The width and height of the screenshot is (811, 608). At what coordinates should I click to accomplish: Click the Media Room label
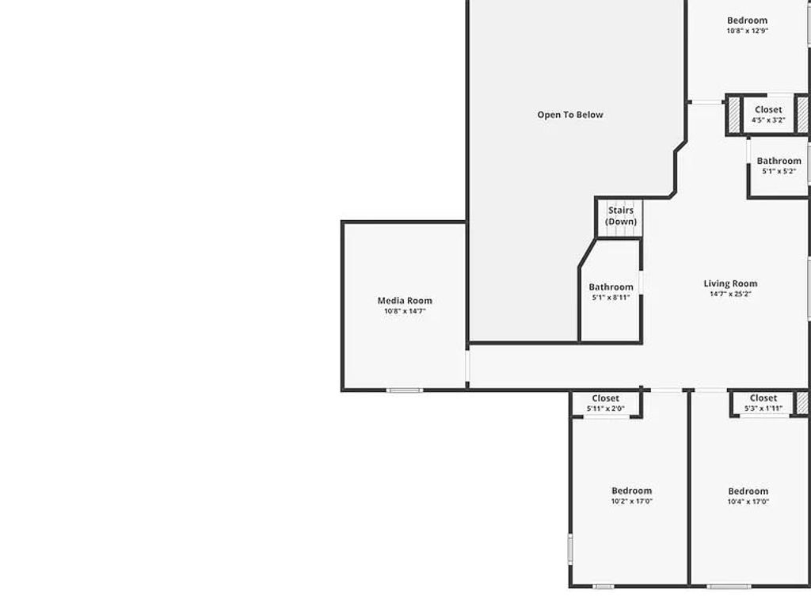click(x=405, y=300)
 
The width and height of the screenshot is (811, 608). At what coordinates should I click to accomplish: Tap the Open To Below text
click(x=570, y=115)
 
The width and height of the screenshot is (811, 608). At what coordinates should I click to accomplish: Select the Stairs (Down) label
click(x=621, y=215)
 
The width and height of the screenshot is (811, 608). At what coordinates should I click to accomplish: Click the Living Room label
click(x=730, y=283)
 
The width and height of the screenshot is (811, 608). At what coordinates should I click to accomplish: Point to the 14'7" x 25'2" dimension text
click(x=730, y=294)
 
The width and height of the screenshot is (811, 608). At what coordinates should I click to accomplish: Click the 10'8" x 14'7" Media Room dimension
click(x=405, y=311)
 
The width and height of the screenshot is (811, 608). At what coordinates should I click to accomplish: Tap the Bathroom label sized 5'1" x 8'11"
click(x=611, y=287)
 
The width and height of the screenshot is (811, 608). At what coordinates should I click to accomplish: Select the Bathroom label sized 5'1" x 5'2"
click(x=779, y=161)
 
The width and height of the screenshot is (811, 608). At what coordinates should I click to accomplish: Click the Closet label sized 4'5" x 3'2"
click(x=768, y=109)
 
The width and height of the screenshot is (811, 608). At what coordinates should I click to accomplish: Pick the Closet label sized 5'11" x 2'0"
click(x=605, y=398)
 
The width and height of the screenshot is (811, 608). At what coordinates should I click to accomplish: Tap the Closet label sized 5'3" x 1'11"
click(x=763, y=398)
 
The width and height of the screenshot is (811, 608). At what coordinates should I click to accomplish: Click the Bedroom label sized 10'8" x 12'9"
click(x=747, y=20)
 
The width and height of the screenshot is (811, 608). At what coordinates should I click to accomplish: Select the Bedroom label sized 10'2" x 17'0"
click(x=631, y=491)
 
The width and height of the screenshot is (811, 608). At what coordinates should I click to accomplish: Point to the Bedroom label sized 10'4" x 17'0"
click(x=748, y=491)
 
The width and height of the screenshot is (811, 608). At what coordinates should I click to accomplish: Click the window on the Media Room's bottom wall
click(x=405, y=390)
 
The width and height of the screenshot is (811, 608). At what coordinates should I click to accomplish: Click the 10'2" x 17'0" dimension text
click(x=631, y=501)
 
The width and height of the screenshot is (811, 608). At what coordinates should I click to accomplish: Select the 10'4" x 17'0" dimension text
click(x=748, y=502)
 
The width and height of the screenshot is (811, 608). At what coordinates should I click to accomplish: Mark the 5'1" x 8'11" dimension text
click(x=611, y=298)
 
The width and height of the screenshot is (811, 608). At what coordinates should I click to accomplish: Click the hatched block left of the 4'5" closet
click(x=734, y=115)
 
